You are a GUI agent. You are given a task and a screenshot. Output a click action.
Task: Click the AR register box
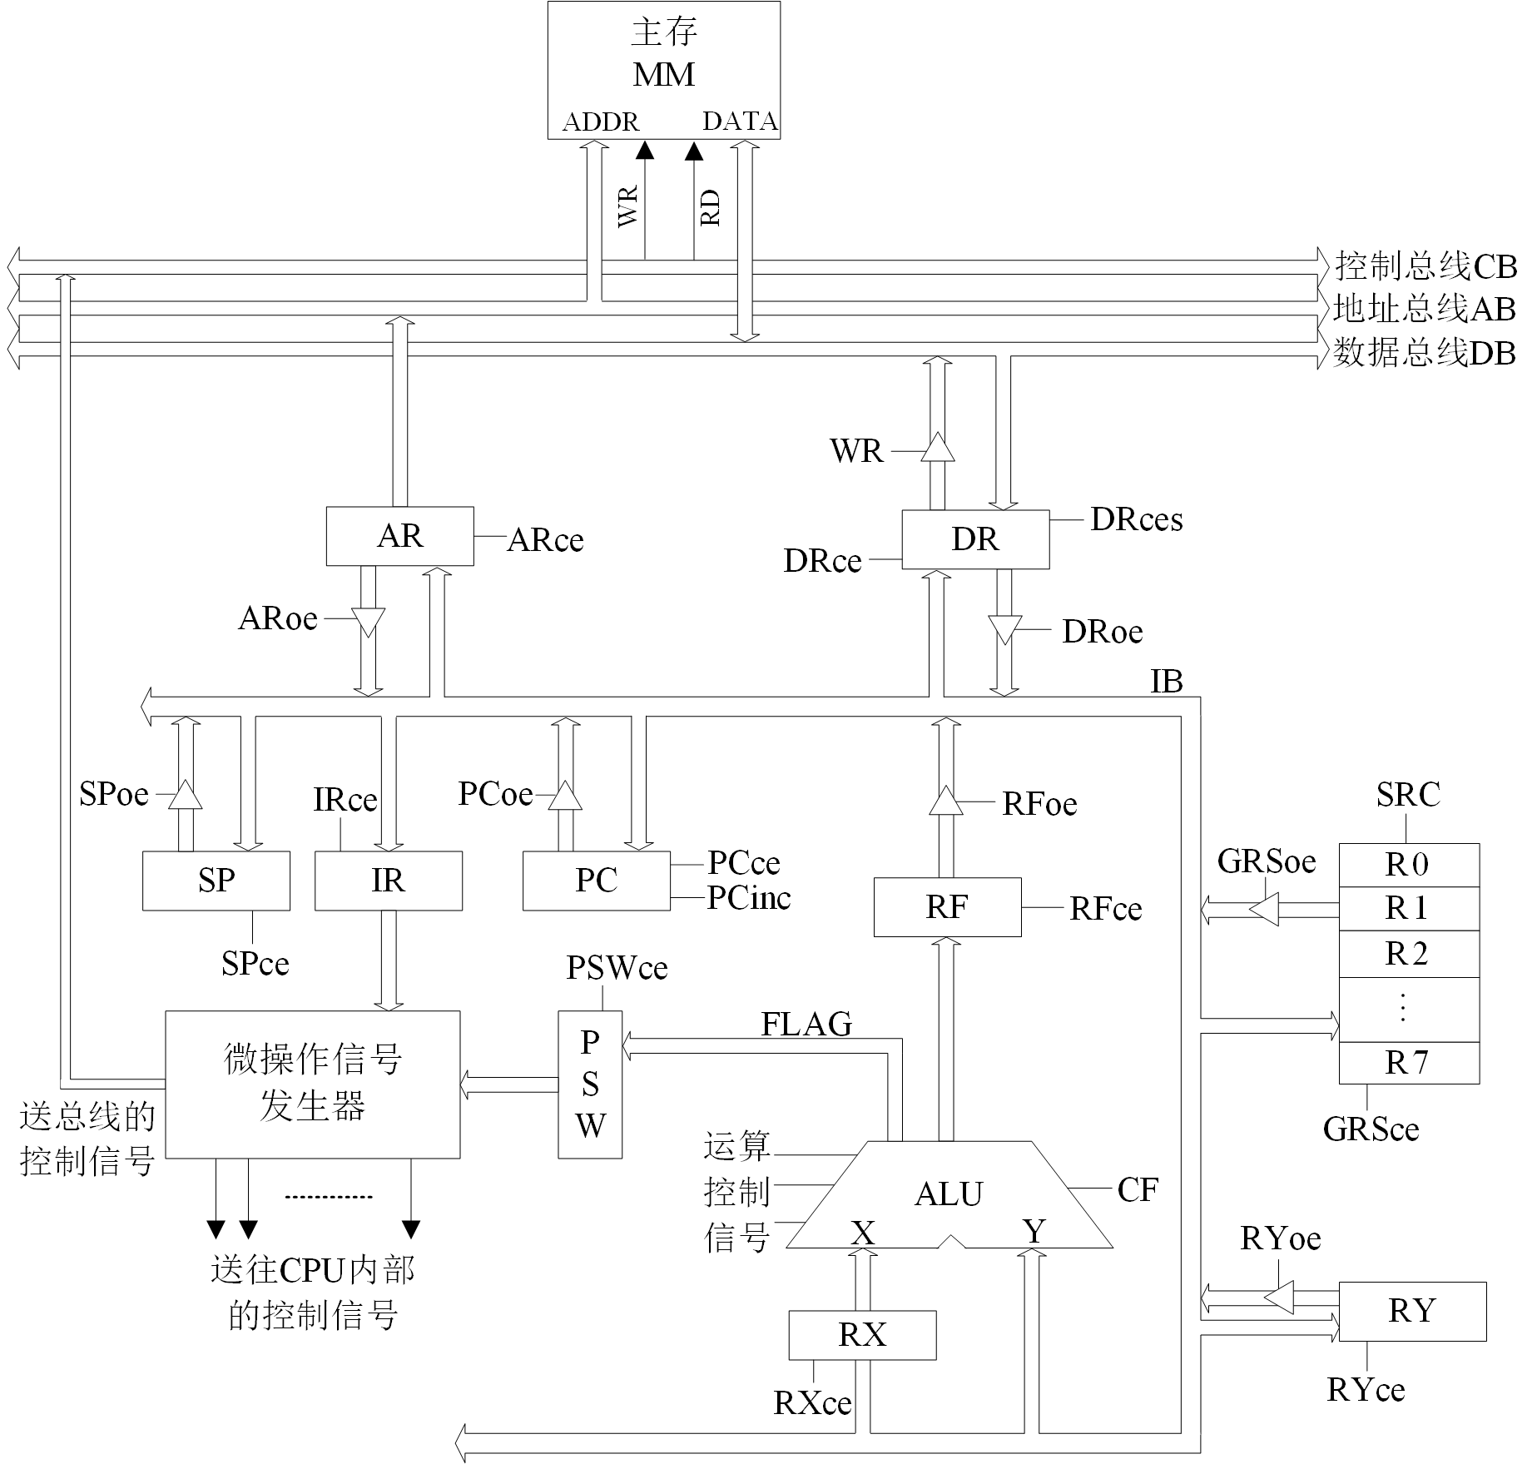pos(399,536)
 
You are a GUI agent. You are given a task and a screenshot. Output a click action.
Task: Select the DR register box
pos(975,539)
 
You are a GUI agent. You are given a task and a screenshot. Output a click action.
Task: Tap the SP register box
pos(216,881)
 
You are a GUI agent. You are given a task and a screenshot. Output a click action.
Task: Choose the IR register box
pos(388,881)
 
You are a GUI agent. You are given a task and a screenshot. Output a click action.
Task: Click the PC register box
pos(596,881)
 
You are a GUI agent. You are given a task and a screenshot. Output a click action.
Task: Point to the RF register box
pos(947,907)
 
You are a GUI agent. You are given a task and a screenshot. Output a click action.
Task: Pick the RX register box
pos(862,1335)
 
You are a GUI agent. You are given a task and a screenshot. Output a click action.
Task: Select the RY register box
pos(1412,1311)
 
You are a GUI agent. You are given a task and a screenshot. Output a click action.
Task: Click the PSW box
pos(590,1084)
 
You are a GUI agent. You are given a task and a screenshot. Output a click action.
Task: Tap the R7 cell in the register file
pos(1408,1063)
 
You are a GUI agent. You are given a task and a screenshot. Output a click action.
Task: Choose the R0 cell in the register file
pos(1408,866)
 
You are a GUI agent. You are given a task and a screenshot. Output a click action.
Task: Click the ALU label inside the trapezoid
pos(949,1194)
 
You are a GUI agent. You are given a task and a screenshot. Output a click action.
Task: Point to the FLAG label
pos(806,1024)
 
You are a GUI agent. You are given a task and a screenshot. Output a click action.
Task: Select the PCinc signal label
pos(749,898)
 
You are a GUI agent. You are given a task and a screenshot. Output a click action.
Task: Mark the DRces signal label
pos(1137,519)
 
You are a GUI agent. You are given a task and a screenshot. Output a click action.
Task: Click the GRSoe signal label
pos(1267,861)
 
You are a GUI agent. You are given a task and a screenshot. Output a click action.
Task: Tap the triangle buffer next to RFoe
pos(945,801)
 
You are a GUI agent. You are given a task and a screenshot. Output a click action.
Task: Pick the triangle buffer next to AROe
pos(368,622)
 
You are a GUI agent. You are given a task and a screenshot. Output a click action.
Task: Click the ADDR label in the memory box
pos(601,122)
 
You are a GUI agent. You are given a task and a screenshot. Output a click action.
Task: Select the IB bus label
pos(1167,682)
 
